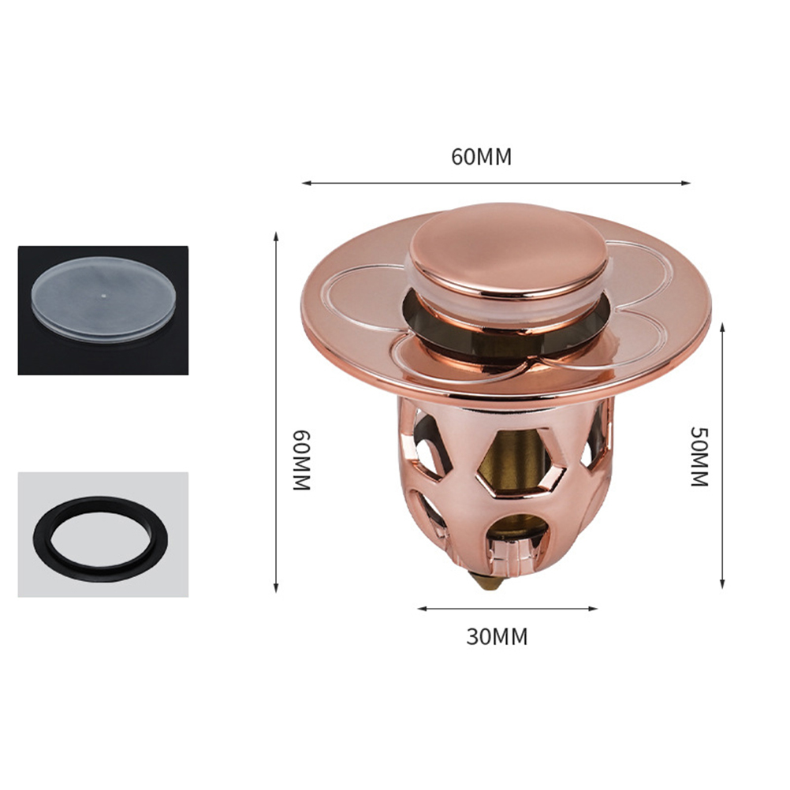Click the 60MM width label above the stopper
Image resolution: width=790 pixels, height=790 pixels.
481,157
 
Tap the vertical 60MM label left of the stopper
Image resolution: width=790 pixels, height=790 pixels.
302,460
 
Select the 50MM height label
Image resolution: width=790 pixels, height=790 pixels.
700,456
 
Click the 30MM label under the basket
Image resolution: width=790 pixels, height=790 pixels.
497,637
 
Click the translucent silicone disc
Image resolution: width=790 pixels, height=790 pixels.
104,299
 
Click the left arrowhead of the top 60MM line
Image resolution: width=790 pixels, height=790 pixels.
306,183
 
